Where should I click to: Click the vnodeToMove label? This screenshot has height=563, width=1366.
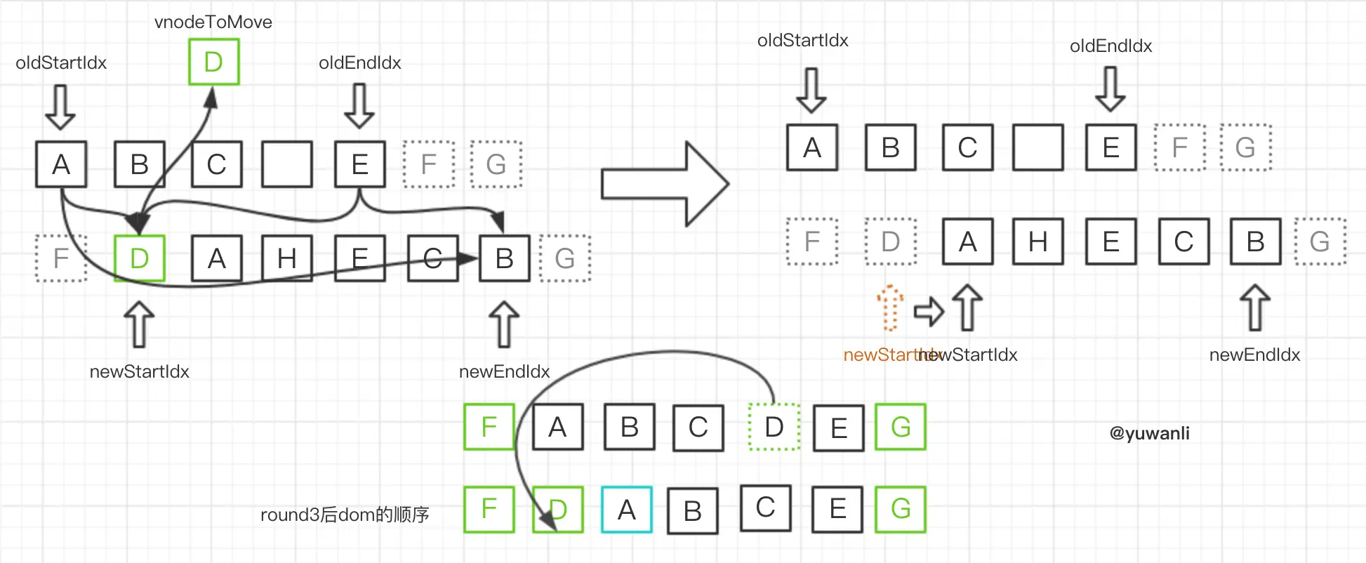pos(213,22)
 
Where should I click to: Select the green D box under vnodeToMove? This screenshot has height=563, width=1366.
pos(214,62)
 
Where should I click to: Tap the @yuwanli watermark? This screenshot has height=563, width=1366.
pos(1149,433)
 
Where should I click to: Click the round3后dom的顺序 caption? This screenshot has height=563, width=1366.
pos(345,515)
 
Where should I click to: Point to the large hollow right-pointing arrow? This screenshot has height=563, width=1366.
pos(664,184)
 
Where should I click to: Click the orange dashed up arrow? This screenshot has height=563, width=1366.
pos(889,307)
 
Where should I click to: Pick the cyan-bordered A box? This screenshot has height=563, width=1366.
pos(627,510)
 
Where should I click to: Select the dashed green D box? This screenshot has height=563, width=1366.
pos(774,427)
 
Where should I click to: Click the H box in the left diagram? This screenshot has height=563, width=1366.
pos(286,258)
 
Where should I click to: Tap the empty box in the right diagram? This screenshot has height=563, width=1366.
pos(1038,147)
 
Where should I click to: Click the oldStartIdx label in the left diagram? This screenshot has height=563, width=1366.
pos(61,62)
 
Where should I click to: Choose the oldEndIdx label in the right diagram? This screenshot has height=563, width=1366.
pos(1110,46)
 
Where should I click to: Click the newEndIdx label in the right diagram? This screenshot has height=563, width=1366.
pos(1254,355)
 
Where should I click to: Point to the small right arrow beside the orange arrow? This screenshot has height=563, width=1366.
pos(928,311)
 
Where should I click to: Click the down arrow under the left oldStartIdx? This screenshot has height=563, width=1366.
pos(60,107)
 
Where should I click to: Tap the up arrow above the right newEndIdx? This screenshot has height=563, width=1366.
pos(1255,307)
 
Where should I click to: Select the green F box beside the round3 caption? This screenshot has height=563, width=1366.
pos(489,509)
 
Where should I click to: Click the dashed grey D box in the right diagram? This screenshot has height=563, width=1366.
pos(890,241)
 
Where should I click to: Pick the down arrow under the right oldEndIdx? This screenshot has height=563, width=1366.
pos(1110,89)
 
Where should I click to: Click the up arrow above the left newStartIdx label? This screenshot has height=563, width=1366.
pos(139,324)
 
